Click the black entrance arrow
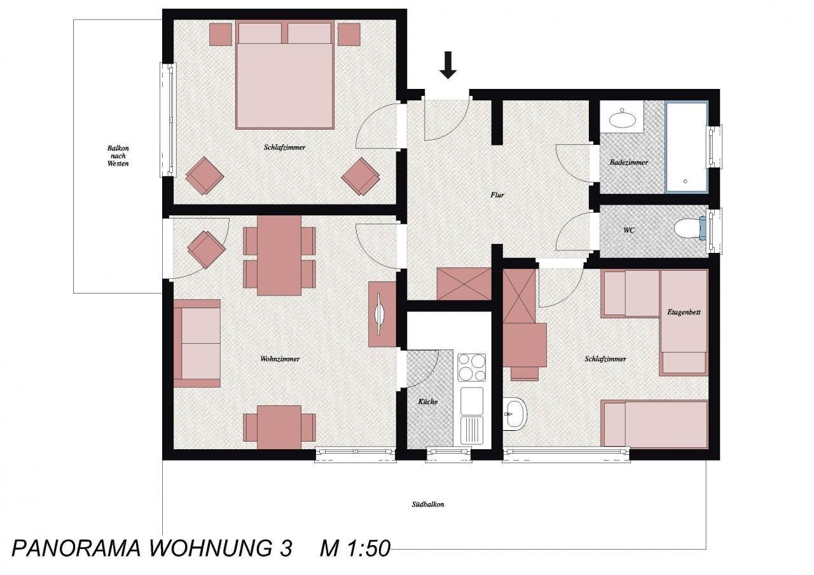click(x=448, y=65)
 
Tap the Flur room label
click(x=497, y=195)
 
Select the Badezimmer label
click(x=629, y=162)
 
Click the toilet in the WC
click(x=690, y=228)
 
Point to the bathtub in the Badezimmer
click(x=686, y=147)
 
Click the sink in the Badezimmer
click(x=621, y=119)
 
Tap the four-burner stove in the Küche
click(x=472, y=367)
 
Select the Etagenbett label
click(x=684, y=312)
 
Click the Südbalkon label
click(x=428, y=504)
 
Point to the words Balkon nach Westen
click(x=118, y=156)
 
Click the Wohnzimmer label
click(x=280, y=359)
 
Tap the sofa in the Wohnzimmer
click(x=197, y=343)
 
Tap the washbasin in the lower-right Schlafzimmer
click(x=515, y=414)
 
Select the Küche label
click(x=428, y=402)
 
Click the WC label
click(x=629, y=230)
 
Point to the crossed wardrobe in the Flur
click(x=464, y=284)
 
